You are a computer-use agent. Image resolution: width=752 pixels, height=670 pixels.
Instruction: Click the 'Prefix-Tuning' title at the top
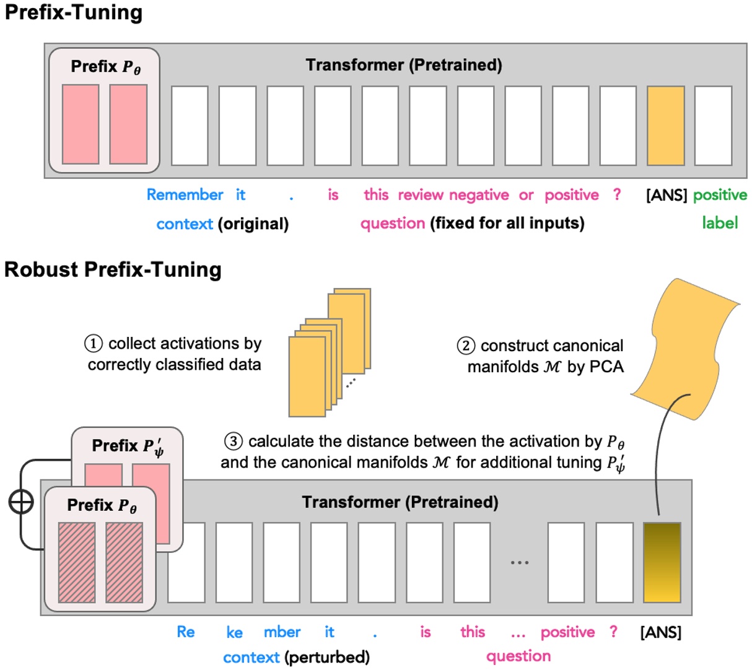pos(73,12)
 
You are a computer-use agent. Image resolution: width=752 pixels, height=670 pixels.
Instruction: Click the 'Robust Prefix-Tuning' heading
pos(113,270)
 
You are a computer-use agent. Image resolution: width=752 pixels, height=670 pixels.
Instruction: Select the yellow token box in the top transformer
pos(666,126)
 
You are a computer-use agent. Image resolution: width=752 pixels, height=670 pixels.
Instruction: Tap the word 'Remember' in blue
pos(185,195)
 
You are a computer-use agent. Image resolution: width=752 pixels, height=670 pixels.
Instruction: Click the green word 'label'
pos(720,223)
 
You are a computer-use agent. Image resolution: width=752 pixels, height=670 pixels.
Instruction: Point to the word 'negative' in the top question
pos(479,195)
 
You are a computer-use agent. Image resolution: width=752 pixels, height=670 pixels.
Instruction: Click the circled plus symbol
pos(21,502)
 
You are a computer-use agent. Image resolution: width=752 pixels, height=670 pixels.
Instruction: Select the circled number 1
pos(94,344)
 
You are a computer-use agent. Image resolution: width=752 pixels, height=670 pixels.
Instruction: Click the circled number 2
pos(466,346)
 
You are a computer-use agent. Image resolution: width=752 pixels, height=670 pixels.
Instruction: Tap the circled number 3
pos(233,442)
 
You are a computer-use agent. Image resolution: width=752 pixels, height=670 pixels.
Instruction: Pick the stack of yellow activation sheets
pos(328,353)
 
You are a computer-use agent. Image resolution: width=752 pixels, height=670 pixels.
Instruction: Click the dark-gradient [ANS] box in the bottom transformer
pos(662,562)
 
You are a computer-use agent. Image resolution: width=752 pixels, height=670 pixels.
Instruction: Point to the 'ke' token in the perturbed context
pos(234,632)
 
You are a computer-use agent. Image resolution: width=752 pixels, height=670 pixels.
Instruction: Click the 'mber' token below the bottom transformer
pos(282,632)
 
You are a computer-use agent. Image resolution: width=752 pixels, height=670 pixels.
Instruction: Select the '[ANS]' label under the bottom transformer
pos(660,632)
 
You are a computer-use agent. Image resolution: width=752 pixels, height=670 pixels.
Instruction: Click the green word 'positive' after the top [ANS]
pos(720,195)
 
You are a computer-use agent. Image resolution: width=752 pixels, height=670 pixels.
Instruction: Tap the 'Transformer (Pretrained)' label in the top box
pos(404,65)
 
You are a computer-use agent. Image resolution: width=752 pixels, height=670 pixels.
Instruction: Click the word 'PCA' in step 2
pos(606,367)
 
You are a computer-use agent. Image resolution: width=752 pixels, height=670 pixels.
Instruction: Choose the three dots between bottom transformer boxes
pos(519,562)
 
